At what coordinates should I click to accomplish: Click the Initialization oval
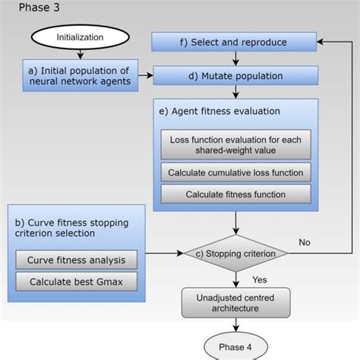pos(74,37)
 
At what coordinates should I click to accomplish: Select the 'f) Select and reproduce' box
pos(234,42)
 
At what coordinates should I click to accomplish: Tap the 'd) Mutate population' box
pos(234,76)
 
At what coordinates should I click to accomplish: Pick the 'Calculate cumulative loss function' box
pos(235,172)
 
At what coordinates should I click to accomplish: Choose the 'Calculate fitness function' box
pos(235,194)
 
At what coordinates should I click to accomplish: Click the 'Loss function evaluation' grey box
pos(235,145)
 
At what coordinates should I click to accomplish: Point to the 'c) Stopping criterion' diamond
pos(236,253)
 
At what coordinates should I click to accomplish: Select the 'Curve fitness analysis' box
pos(76,260)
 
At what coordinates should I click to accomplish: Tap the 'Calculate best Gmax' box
pos(76,281)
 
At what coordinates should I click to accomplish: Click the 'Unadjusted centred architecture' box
pos(235,302)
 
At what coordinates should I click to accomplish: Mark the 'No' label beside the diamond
pos(305,243)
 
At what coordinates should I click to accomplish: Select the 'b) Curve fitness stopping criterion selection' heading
pos(72,228)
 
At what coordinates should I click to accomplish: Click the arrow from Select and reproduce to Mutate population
pos(235,59)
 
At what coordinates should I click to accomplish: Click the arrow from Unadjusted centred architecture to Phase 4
pos(236,325)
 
